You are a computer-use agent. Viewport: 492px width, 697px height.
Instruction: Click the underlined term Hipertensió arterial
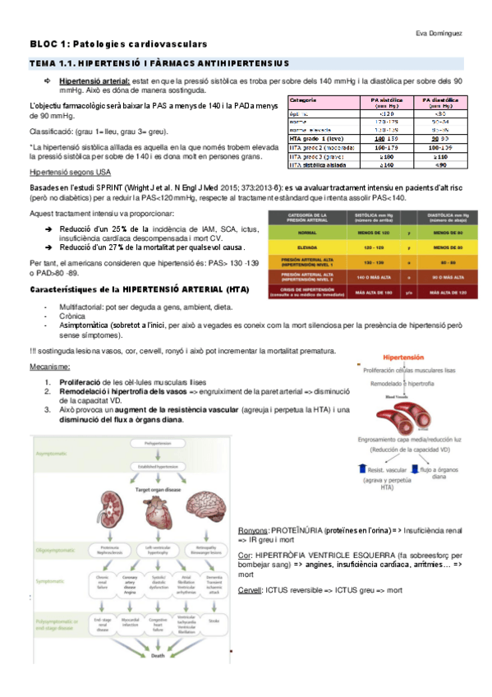94,81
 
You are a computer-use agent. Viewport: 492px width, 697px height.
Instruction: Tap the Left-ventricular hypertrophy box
157,547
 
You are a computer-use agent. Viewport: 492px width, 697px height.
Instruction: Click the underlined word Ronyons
251,530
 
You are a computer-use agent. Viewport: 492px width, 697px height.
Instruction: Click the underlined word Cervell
249,590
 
